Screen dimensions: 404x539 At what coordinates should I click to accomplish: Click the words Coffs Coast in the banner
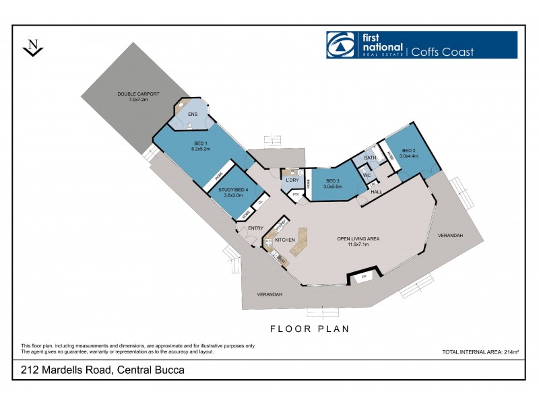[x=443, y=52]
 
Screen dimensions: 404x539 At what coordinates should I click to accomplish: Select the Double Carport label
[x=138, y=96]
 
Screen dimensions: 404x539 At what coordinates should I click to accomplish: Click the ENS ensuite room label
[x=193, y=114]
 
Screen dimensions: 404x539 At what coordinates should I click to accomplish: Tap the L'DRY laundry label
[x=292, y=180]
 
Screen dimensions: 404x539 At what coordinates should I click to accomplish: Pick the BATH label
[x=370, y=158]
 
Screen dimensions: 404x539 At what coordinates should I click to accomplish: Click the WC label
[x=367, y=175]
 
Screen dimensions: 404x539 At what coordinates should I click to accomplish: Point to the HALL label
[x=376, y=192]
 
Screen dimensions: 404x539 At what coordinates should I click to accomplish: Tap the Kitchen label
[x=285, y=240]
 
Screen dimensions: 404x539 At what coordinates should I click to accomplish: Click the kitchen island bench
[x=299, y=241]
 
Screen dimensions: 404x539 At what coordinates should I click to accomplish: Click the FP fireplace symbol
[x=364, y=277]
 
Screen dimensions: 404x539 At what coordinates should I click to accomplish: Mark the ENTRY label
[x=255, y=228]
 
